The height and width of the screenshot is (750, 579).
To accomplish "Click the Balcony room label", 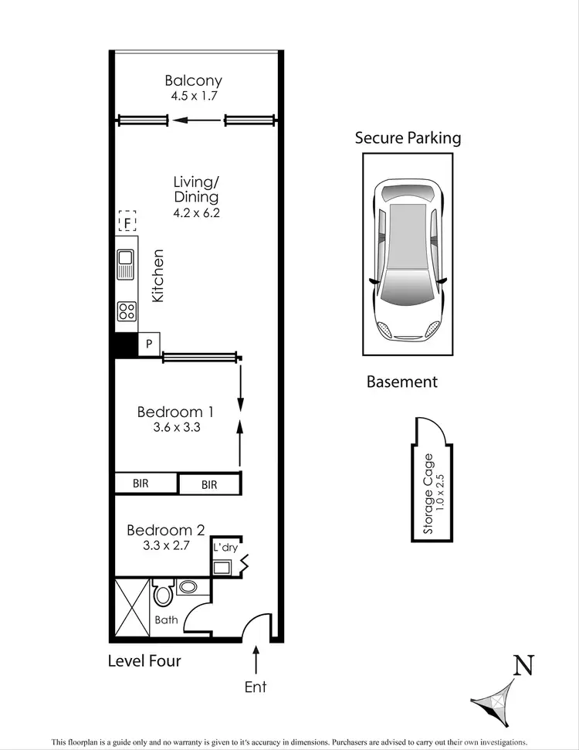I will (193, 80).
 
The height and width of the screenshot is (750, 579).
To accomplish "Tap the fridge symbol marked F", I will (127, 223).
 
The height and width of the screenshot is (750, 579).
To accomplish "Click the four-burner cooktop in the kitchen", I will (127, 311).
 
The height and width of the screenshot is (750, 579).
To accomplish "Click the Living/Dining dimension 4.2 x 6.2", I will (196, 213).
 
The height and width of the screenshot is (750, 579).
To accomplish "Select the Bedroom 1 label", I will (175, 412).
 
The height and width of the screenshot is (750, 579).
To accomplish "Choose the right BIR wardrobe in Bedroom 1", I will (209, 484).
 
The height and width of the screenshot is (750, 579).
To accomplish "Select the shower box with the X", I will (132, 607).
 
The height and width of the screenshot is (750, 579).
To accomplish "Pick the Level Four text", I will (144, 660).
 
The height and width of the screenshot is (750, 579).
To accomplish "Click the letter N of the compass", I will (524, 665).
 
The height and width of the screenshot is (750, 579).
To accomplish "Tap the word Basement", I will (401, 382).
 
